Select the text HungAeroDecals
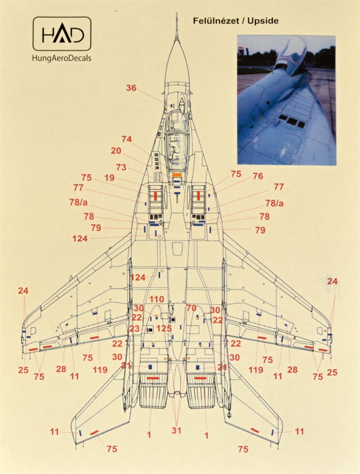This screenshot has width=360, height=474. coord(62,58)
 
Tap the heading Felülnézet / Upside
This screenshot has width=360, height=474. coord(236,21)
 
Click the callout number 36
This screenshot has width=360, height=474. coord(131,88)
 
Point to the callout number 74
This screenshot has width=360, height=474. coord(127,139)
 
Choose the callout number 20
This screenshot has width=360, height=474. coord(116,151)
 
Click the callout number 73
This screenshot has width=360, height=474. coord(121,167)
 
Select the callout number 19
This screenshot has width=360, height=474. coord(109,178)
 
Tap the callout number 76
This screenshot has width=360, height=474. coord(258,176)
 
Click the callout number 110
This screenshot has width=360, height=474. coord(156,299)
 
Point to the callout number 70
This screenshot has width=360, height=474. coord(191,308)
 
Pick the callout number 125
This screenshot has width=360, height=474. coord(164,328)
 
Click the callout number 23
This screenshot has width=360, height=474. coord(134,328)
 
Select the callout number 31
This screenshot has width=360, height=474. coord(176,430)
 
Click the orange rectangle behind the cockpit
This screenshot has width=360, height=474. coord(176,175)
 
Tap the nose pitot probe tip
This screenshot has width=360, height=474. coord(176,14)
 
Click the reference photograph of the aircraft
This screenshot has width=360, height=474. coord(286,100)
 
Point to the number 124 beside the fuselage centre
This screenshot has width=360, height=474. coord(138,277)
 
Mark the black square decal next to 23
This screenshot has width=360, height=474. coord(150,330)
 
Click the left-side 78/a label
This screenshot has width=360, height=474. coord(78,203)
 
